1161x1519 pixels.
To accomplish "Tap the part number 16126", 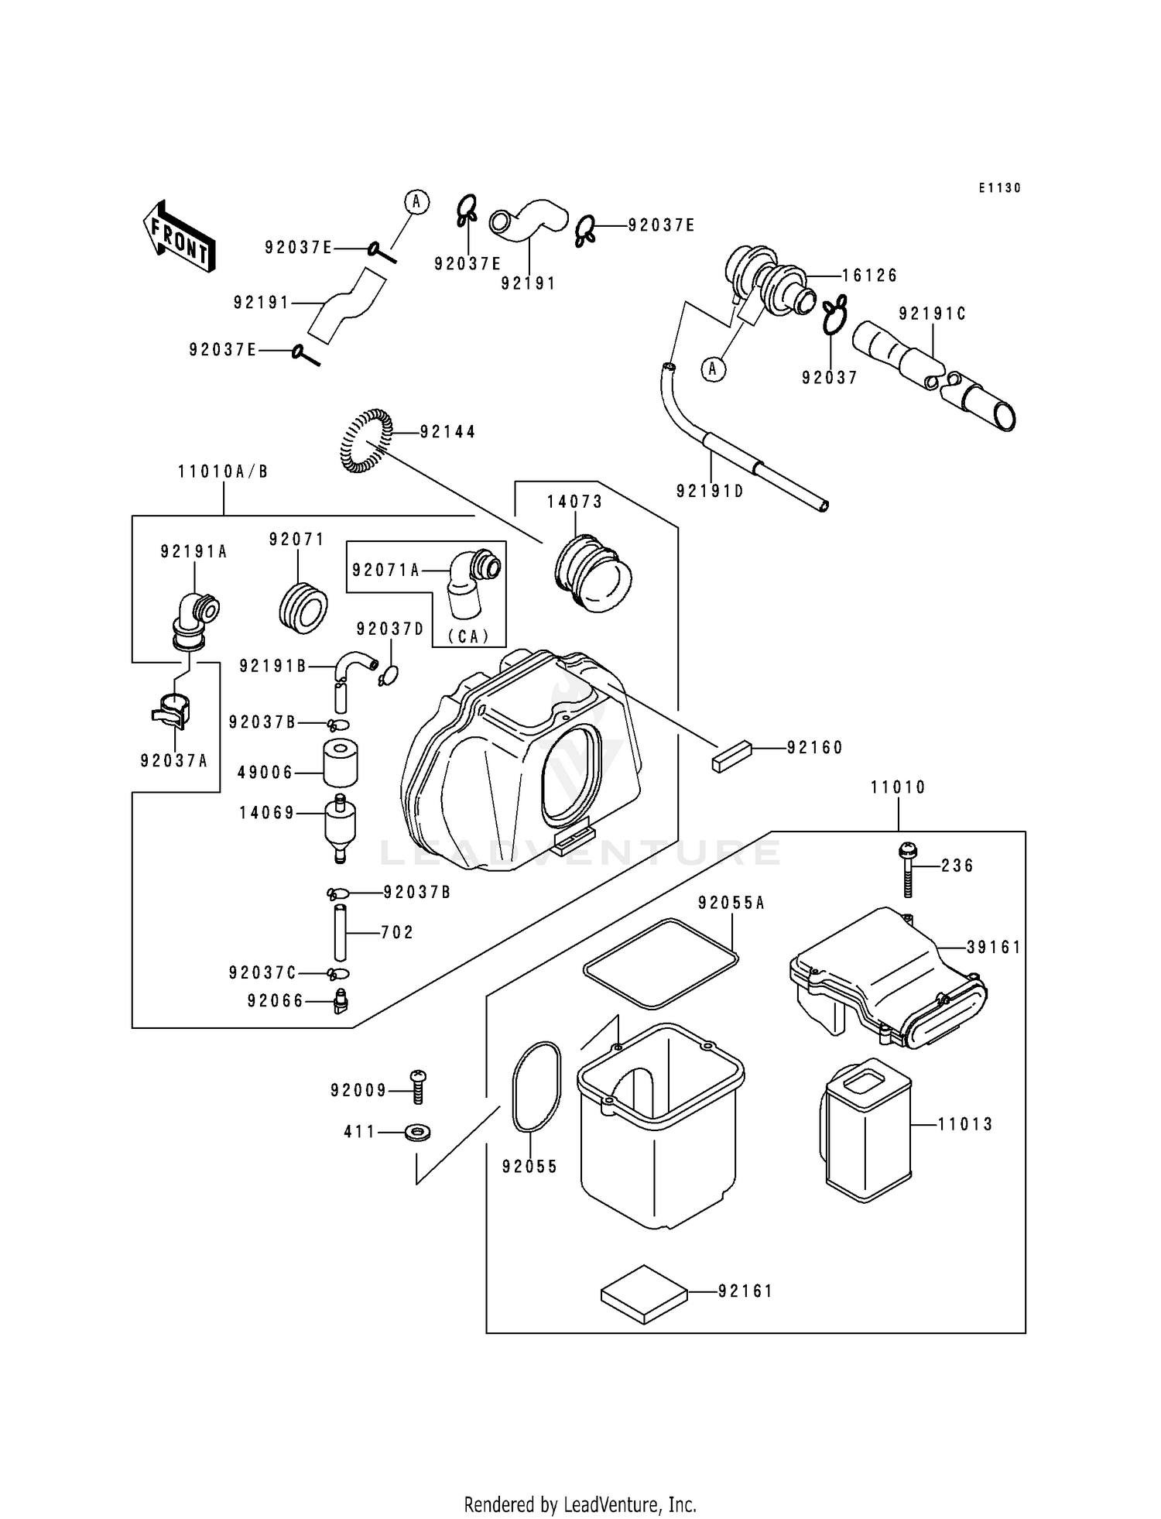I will pyautogui.click(x=869, y=276).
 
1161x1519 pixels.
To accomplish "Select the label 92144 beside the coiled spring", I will pyautogui.click(x=447, y=432).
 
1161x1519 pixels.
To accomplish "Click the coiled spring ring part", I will pyautogui.click(x=366, y=440).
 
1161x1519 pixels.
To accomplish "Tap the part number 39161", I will pyautogui.click(x=994, y=948).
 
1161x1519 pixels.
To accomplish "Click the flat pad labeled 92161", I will pyautogui.click(x=644, y=1294).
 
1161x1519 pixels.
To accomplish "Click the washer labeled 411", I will pyautogui.click(x=419, y=1133).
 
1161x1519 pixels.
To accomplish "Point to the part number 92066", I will pyautogui.click(x=275, y=1001).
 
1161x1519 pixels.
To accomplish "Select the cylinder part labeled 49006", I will pyautogui.click(x=340, y=763).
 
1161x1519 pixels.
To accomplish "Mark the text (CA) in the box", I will pyautogui.click(x=469, y=636).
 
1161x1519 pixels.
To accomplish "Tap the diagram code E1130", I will pyautogui.click(x=999, y=188).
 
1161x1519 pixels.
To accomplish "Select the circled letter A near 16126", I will pyautogui.click(x=713, y=370).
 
